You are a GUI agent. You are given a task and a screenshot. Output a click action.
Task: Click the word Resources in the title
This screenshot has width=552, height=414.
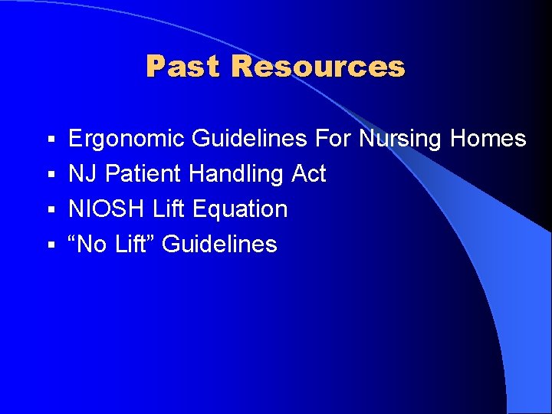point(317,67)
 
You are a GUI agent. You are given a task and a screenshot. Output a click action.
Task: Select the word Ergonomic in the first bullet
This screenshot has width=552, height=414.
point(127,140)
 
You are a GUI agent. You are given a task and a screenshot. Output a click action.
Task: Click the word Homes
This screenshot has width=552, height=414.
point(488,139)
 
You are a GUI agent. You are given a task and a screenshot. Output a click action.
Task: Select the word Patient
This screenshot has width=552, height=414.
point(143,174)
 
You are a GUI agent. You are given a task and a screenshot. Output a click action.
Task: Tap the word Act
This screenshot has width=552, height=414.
point(309,174)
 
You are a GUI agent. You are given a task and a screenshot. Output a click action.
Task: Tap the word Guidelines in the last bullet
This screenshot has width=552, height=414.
point(220,245)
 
